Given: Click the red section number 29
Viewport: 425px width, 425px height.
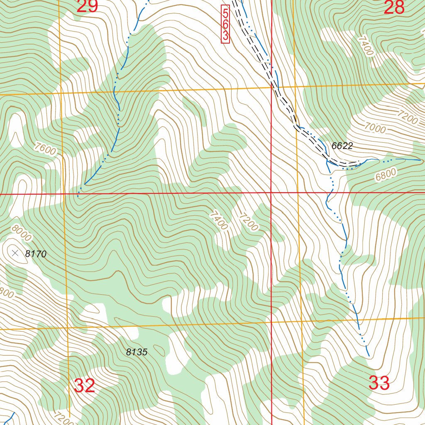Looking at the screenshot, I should pos(87,6).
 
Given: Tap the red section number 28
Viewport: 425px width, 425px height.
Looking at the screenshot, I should pos(394,7).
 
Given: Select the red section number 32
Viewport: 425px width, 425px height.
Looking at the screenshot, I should pos(85,386).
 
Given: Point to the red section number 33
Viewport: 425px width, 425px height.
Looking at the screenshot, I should pos(379,383).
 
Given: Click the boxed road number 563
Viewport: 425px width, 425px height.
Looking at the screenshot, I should pos(225,24).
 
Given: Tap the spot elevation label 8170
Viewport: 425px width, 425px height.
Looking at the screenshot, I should pos(36,254).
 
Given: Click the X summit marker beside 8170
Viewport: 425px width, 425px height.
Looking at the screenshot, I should pos(15,253).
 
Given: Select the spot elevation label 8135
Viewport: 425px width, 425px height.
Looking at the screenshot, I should pos(137,352).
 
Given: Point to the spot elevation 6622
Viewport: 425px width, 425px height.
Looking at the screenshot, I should pos(342,146).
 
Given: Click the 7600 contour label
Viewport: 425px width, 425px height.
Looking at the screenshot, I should pos(45,149).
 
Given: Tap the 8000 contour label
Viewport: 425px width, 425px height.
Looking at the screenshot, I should pos(21,233).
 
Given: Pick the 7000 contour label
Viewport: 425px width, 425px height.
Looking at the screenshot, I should pos(375,128).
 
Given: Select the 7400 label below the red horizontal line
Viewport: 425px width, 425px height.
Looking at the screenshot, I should pos(218,220).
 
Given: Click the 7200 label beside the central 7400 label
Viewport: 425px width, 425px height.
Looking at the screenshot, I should pos(249,222).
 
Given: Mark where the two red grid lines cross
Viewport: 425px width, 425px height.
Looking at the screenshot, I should pos(271,193).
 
